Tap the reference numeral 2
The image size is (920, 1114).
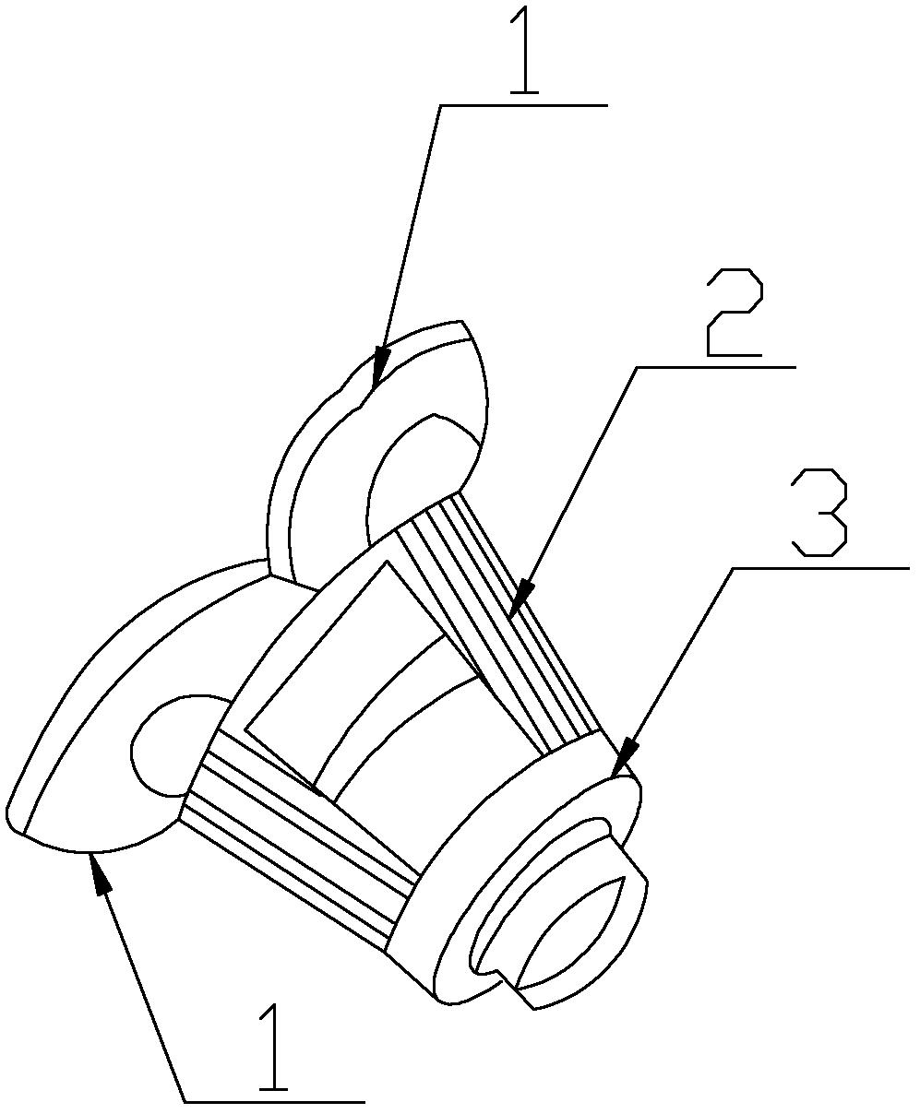click(735, 312)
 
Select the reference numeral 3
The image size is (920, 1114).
click(819, 513)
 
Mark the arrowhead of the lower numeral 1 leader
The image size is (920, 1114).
click(102, 872)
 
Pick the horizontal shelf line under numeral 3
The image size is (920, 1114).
click(820, 569)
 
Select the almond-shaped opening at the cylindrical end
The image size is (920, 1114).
click(572, 932)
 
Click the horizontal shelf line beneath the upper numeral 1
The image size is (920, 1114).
click(524, 106)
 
